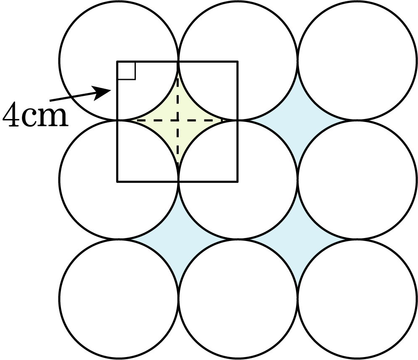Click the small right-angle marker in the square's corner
pos(127,71)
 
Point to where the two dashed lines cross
pos(178,121)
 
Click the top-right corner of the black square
pos(238,62)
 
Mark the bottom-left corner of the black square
pos(117,181)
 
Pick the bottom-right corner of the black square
pos(238,181)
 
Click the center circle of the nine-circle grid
pos(238,180)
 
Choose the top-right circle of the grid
pos(357,61)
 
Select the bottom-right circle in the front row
pos(357,299)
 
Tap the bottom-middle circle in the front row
pos(238,299)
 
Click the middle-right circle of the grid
pos(357,180)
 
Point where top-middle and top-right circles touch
pos(297,61)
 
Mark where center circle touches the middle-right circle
pos(297,180)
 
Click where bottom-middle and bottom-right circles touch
pos(297,299)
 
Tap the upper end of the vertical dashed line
pos(178,78)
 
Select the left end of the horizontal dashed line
pos(137,121)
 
